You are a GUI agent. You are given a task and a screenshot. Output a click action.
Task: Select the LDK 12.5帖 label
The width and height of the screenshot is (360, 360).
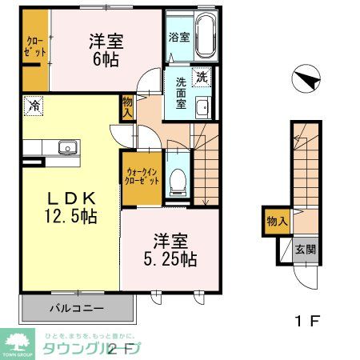click(x=70, y=206)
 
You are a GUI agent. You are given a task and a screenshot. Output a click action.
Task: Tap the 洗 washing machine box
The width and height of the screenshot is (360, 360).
click(x=202, y=77)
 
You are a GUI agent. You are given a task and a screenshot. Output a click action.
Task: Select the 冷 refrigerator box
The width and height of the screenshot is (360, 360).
click(x=34, y=104)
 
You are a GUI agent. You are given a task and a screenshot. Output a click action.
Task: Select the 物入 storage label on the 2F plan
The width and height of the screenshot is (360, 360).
click(x=128, y=107)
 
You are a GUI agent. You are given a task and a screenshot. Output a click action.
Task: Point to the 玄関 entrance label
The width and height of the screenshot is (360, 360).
click(x=304, y=249)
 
